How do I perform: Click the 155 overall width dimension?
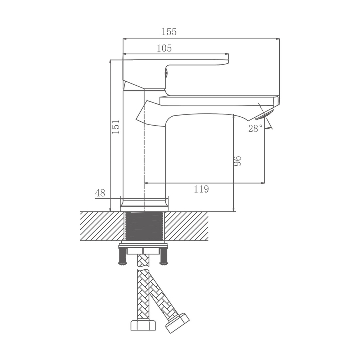click(169, 32)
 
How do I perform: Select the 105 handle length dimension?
click(164, 48)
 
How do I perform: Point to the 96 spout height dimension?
click(238, 161)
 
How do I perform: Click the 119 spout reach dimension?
click(201, 189)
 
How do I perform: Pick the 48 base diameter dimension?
click(100, 193)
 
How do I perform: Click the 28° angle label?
click(255, 129)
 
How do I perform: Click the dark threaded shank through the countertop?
click(144, 226)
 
